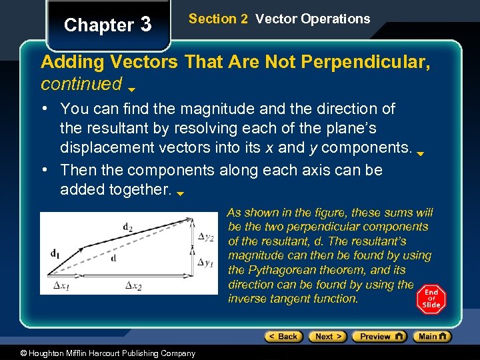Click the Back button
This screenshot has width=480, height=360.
point(283,337)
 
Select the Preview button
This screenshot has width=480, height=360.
point(379,337)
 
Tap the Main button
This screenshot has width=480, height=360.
point(431,337)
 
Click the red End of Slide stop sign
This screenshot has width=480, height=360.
point(431,299)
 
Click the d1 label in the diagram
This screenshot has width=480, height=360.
point(55,253)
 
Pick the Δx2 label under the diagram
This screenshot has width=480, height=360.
point(133,286)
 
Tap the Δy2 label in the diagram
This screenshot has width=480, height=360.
point(206,237)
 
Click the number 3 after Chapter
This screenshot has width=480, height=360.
point(146,25)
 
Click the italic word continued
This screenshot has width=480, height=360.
point(81,84)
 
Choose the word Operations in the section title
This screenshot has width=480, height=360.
point(335,19)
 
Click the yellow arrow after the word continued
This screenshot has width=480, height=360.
point(131,89)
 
